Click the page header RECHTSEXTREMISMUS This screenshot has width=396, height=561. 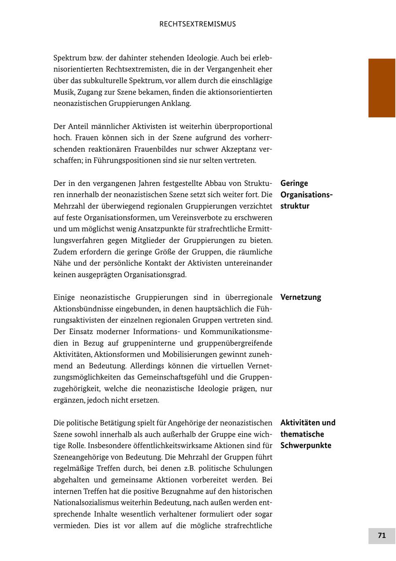[198, 24]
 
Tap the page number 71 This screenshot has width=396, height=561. [381, 535]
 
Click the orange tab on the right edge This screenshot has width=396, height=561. [381, 88]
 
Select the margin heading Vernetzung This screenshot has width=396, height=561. [301, 297]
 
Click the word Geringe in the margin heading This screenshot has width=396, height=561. [294, 183]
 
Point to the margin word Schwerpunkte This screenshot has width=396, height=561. [306, 445]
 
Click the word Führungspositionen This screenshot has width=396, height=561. [110, 160]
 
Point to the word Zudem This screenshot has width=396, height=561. [65, 252]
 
